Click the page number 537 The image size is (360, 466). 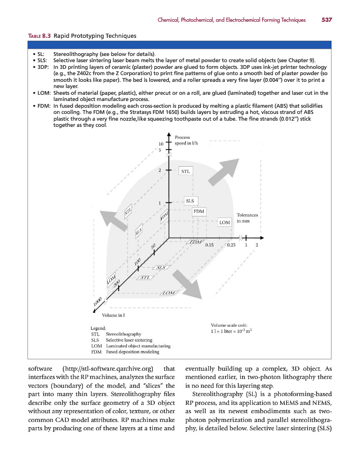click(326, 20)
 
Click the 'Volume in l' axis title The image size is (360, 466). click(113, 315)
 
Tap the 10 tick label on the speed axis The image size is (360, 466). click(161, 143)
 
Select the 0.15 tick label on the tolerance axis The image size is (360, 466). click(210, 245)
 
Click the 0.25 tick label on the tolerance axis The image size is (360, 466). click(232, 245)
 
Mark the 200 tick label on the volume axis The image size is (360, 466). click(117, 283)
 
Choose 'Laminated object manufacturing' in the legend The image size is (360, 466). click(137, 346)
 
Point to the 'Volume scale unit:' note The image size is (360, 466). click(228, 324)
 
